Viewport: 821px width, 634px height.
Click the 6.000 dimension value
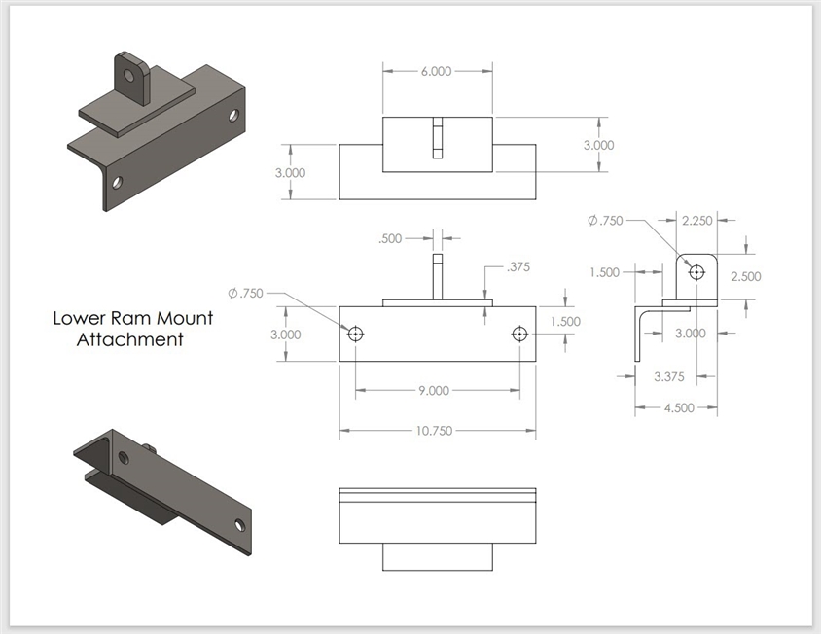pyautogui.click(x=437, y=71)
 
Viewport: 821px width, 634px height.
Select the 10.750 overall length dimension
pyautogui.click(x=437, y=431)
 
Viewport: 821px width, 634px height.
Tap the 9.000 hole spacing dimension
pyautogui.click(x=434, y=391)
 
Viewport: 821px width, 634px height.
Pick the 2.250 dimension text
pyautogui.click(x=698, y=221)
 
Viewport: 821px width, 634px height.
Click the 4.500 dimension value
pyautogui.click(x=678, y=407)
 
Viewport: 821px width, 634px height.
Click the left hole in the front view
pyautogui.click(x=356, y=334)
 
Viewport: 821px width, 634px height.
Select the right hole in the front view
pyautogui.click(x=520, y=334)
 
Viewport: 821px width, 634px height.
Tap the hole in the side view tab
pyautogui.click(x=696, y=271)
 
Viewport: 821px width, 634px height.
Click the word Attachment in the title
pyautogui.click(x=129, y=340)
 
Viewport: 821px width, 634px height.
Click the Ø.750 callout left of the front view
pyautogui.click(x=247, y=293)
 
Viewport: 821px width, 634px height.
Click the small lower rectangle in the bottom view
pyautogui.click(x=437, y=557)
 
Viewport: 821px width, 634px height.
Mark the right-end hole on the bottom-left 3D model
pyautogui.click(x=239, y=525)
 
